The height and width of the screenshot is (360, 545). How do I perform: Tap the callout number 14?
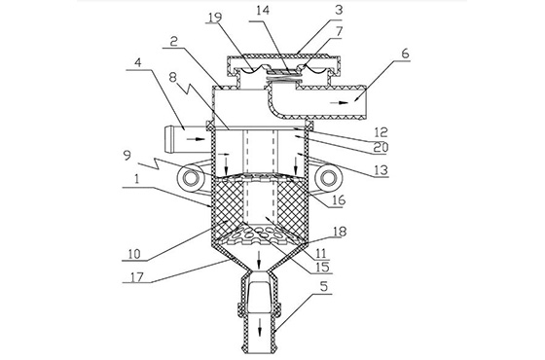click(x=263, y=10)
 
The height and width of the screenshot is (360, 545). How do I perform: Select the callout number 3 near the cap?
click(x=339, y=10)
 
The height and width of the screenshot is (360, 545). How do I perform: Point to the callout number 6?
click(x=405, y=54)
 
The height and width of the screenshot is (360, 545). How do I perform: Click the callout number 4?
click(x=138, y=63)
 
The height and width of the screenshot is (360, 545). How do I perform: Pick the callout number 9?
click(x=127, y=155)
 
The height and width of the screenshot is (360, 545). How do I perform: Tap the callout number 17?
click(x=137, y=277)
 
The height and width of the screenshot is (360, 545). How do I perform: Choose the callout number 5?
click(x=324, y=287)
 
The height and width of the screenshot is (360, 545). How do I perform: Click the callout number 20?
click(x=381, y=147)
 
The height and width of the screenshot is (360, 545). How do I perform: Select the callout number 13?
click(x=381, y=170)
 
